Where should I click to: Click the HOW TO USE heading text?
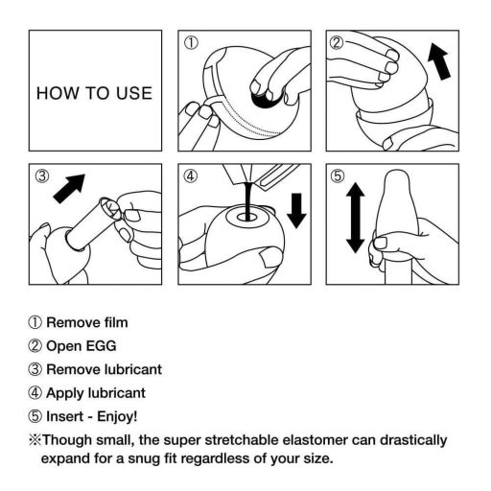(x=94, y=94)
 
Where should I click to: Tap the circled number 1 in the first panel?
(x=191, y=43)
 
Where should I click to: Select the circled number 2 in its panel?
(x=337, y=43)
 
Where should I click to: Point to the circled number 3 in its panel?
(x=43, y=176)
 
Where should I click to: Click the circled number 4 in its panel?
(x=191, y=176)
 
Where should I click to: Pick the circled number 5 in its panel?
(x=337, y=176)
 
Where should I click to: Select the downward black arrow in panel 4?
(x=296, y=211)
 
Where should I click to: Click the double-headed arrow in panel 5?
(x=355, y=220)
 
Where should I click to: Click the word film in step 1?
(x=113, y=323)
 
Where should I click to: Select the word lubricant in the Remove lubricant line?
(x=128, y=369)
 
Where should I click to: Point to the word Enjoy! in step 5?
(x=115, y=416)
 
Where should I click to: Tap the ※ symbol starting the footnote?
(x=34, y=439)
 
